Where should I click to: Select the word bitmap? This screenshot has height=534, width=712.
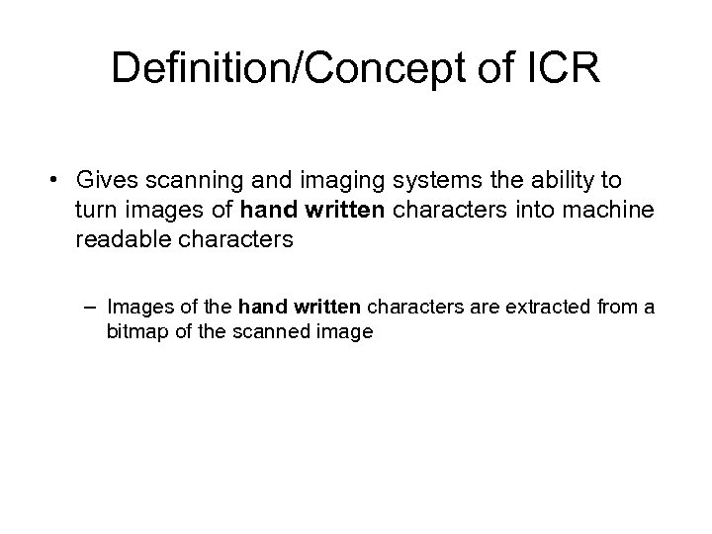[135, 332]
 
